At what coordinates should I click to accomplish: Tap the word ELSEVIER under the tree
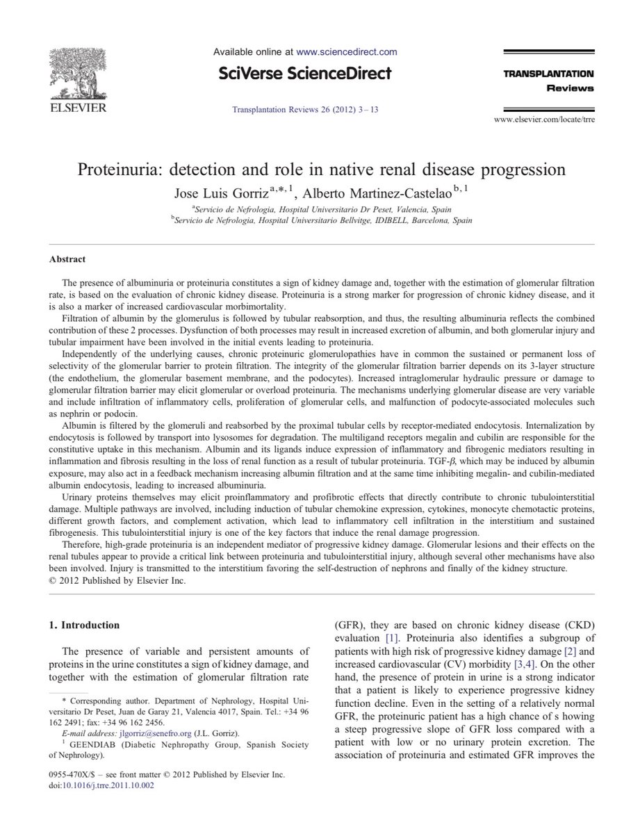77,108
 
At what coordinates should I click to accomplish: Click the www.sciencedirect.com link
346,51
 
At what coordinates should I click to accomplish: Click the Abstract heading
67,259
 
